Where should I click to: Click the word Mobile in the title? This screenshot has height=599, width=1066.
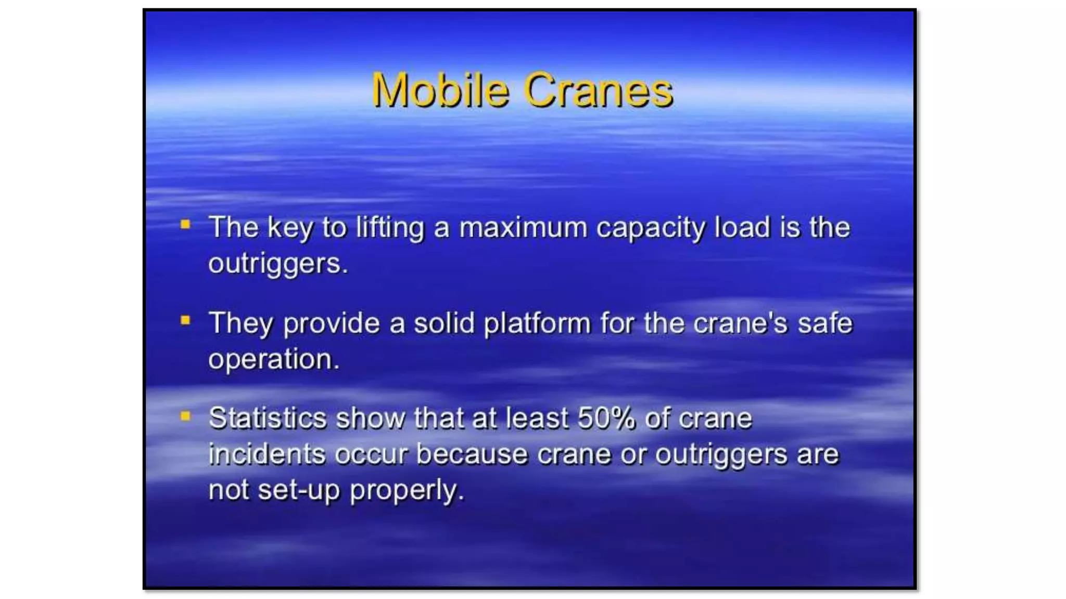tap(440, 90)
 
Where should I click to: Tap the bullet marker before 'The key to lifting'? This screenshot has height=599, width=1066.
tap(185, 225)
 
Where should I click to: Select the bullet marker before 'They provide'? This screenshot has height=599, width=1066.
tap(185, 320)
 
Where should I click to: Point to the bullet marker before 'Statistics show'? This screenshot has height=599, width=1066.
tap(185, 416)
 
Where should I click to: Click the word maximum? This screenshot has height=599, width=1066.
tap(523, 228)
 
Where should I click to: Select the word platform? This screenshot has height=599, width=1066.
tap(537, 324)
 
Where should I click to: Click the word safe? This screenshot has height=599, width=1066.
tap(825, 323)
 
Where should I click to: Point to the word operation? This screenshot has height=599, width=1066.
tap(273, 359)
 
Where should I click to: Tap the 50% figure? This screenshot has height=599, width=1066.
tap(606, 418)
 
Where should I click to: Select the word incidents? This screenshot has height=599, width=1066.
tap(266, 454)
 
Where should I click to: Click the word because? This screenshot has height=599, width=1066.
tap(472, 454)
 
